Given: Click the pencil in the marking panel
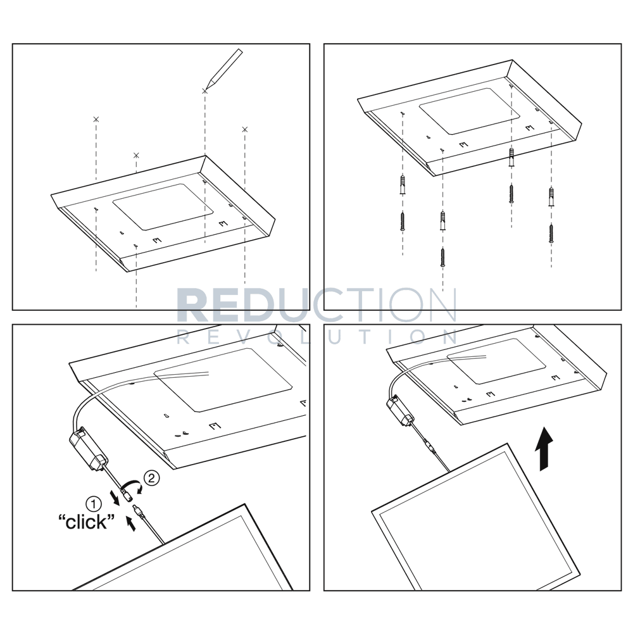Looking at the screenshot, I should coord(224,66).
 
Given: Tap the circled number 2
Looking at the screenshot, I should coord(150,477).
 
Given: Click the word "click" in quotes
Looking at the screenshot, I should coord(86,523).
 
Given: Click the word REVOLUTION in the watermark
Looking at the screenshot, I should coord(316,336).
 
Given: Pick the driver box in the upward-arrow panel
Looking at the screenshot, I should coord(403,410).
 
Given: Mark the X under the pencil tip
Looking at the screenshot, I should coord(204,92).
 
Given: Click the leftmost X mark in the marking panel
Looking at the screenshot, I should coord(96,119).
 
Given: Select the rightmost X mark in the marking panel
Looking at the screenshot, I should coord(245,130).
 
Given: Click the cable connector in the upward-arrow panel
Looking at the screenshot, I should coord(432,451).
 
